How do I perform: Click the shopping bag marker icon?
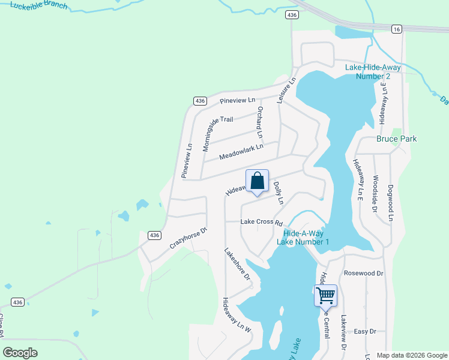(257, 181)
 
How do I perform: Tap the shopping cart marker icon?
(325, 295)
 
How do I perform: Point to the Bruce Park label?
(396, 139)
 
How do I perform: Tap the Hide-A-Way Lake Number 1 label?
(303, 237)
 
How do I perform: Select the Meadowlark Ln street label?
(241, 151)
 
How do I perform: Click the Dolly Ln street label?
(277, 193)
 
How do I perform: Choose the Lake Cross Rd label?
(261, 221)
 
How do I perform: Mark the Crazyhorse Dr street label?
(188, 238)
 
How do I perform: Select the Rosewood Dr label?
(363, 273)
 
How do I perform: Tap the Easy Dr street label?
(364, 331)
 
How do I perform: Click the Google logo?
(20, 353)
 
